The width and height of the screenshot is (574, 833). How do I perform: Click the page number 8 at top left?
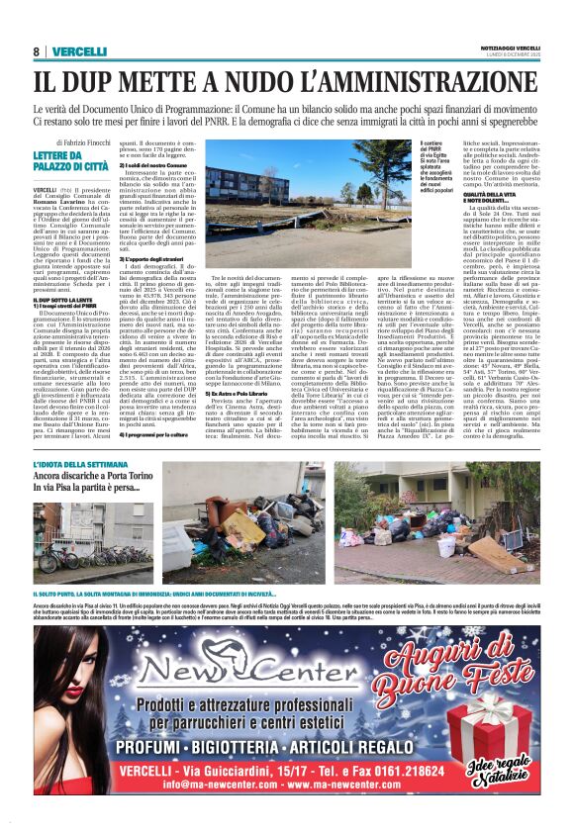click(x=36, y=51)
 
